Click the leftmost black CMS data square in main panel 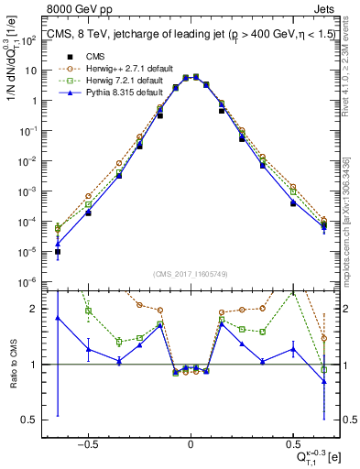click(x=58, y=251)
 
